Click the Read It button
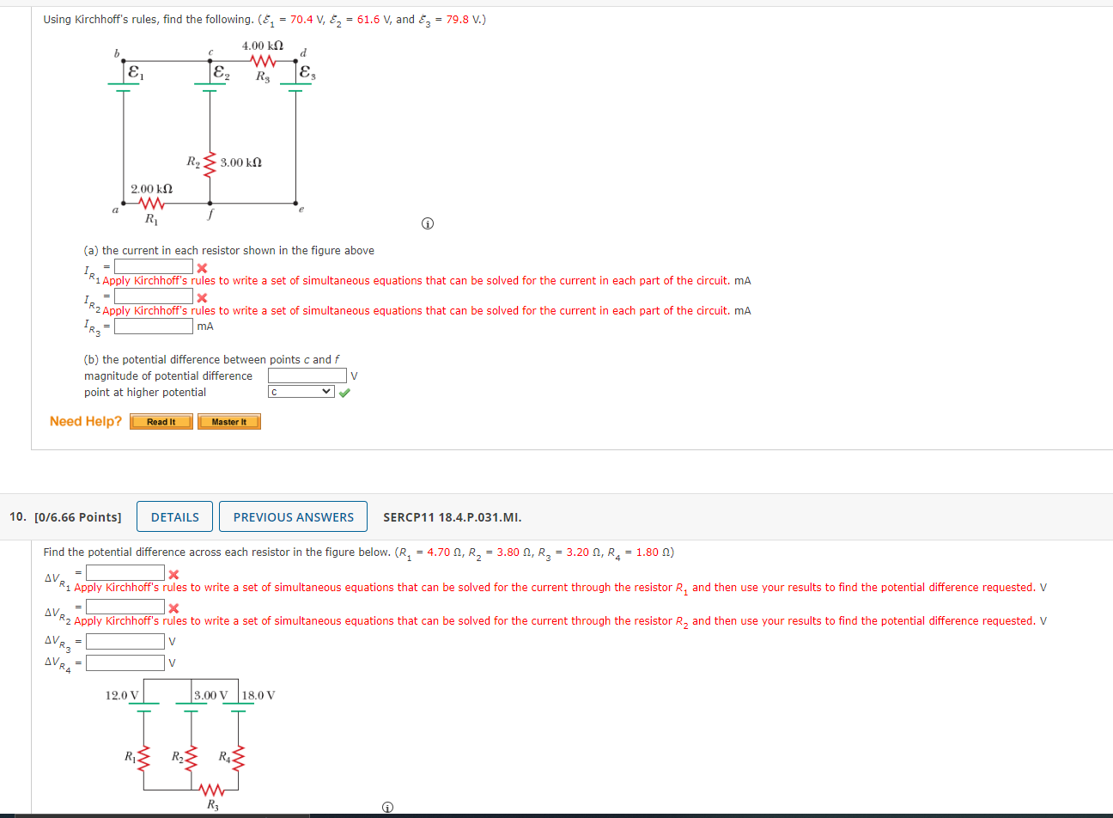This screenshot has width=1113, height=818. pyautogui.click(x=161, y=422)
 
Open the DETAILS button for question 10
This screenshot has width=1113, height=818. pyautogui.click(x=174, y=517)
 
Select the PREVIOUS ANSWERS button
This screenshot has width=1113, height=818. pyautogui.click(x=293, y=517)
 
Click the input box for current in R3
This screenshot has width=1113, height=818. pyautogui.click(x=154, y=327)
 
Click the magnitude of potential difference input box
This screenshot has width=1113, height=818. pyautogui.click(x=307, y=375)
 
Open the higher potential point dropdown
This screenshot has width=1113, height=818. pyautogui.click(x=301, y=392)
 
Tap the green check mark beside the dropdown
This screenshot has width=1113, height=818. pyautogui.click(x=344, y=393)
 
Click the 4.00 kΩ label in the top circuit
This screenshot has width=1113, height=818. pyautogui.click(x=262, y=46)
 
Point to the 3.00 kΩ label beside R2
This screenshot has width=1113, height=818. pyautogui.click(x=240, y=162)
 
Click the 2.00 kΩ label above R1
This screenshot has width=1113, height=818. pyautogui.click(x=151, y=188)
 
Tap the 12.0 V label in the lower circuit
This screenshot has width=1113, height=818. pyautogui.click(x=122, y=695)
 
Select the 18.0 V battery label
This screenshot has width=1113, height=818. pyautogui.click(x=258, y=695)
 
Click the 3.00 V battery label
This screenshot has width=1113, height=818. pyautogui.click(x=211, y=695)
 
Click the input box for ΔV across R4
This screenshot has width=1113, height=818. pyautogui.click(x=125, y=662)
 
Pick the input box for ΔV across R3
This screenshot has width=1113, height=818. pyautogui.click(x=125, y=641)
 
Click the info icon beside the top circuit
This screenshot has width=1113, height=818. pyautogui.click(x=428, y=224)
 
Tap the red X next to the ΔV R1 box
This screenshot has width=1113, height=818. pyautogui.click(x=173, y=575)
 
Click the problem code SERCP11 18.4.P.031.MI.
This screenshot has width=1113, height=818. pyautogui.click(x=452, y=517)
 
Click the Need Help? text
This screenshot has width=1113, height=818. pyautogui.click(x=86, y=421)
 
